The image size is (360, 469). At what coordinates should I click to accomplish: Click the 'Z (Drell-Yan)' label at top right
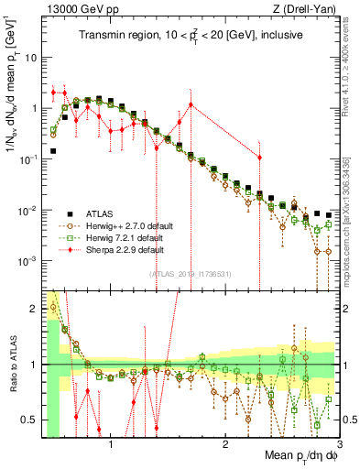click(x=307, y=9)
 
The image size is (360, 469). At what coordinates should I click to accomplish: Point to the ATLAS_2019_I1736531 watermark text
click(x=191, y=274)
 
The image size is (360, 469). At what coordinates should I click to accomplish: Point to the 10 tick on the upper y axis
click(x=30, y=57)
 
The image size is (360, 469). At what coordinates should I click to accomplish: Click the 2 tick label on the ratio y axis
click(x=33, y=309)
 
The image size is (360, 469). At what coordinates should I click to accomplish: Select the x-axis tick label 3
click(x=339, y=443)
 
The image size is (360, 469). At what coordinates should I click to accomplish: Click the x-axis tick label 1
click(x=112, y=443)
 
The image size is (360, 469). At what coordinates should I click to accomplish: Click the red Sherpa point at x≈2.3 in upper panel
click(x=259, y=158)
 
